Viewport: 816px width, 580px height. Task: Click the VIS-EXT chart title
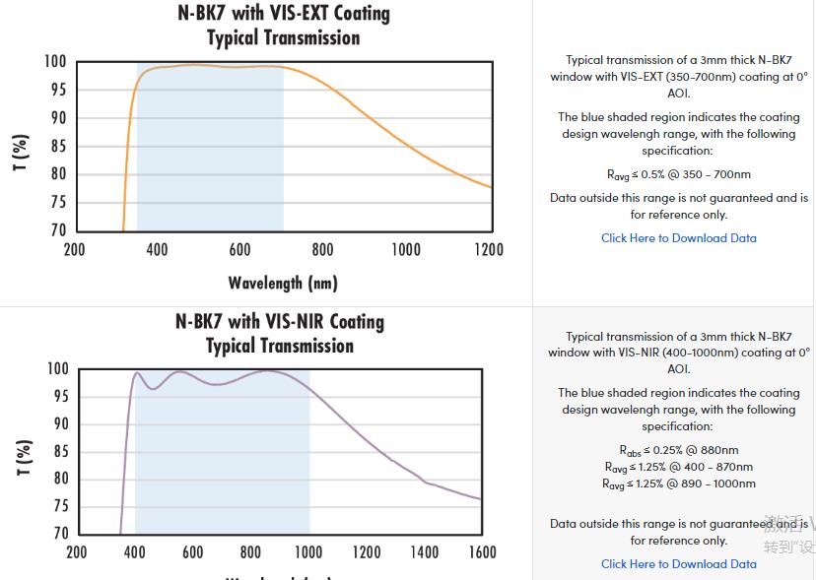point(283,26)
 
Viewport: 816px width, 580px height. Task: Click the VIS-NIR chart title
point(280,334)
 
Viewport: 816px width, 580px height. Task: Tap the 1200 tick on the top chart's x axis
point(489,249)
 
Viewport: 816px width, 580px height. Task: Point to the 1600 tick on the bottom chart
point(482,552)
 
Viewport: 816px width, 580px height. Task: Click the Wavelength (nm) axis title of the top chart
point(283,284)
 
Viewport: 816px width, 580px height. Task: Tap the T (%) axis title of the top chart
point(21,152)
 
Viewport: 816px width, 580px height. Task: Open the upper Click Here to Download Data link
point(679,238)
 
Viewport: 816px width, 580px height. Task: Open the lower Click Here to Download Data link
point(679,564)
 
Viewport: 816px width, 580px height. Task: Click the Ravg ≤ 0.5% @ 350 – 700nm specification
point(679,175)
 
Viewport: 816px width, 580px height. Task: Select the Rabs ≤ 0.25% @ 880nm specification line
point(679,451)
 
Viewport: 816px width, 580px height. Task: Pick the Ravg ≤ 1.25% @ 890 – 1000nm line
point(679,483)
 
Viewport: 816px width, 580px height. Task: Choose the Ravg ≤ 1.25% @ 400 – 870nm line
point(679,467)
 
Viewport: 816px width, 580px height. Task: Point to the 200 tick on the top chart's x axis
point(74,249)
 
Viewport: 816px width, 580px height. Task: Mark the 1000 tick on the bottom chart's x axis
point(308,552)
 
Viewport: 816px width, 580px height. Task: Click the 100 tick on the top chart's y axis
point(55,62)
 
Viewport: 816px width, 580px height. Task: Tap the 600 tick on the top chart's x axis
point(239,249)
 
